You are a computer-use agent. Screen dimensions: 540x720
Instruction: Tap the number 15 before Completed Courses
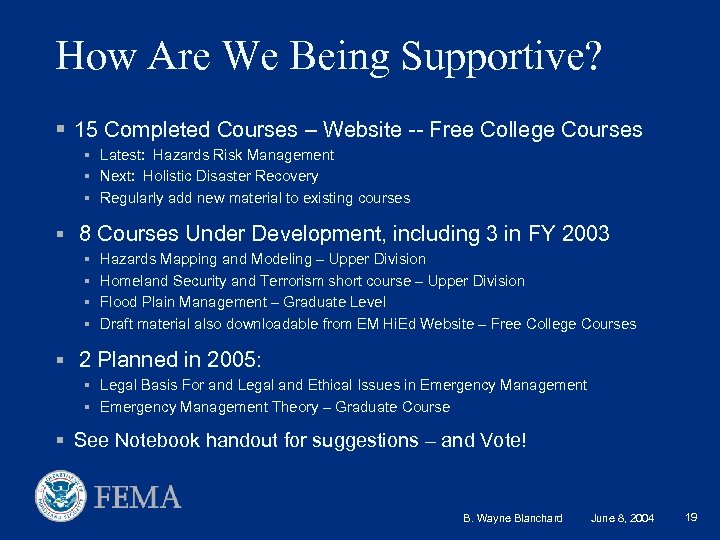coord(86,130)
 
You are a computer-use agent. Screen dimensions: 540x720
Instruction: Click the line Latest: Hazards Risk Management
coord(217,155)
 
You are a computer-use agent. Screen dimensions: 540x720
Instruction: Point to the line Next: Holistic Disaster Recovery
coord(209,176)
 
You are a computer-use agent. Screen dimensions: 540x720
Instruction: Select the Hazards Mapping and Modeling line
coord(263,259)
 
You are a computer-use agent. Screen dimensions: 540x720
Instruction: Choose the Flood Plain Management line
coord(243,302)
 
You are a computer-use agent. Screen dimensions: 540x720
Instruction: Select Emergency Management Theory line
coord(275,407)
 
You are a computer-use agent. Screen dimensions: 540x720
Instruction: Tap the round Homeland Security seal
coord(62,497)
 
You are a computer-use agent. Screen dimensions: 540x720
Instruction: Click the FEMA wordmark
coord(138,497)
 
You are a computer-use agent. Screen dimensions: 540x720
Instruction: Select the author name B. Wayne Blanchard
coord(513,518)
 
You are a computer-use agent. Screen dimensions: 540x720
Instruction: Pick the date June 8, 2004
coord(623,518)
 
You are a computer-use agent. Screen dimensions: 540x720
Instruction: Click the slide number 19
coord(691,517)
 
